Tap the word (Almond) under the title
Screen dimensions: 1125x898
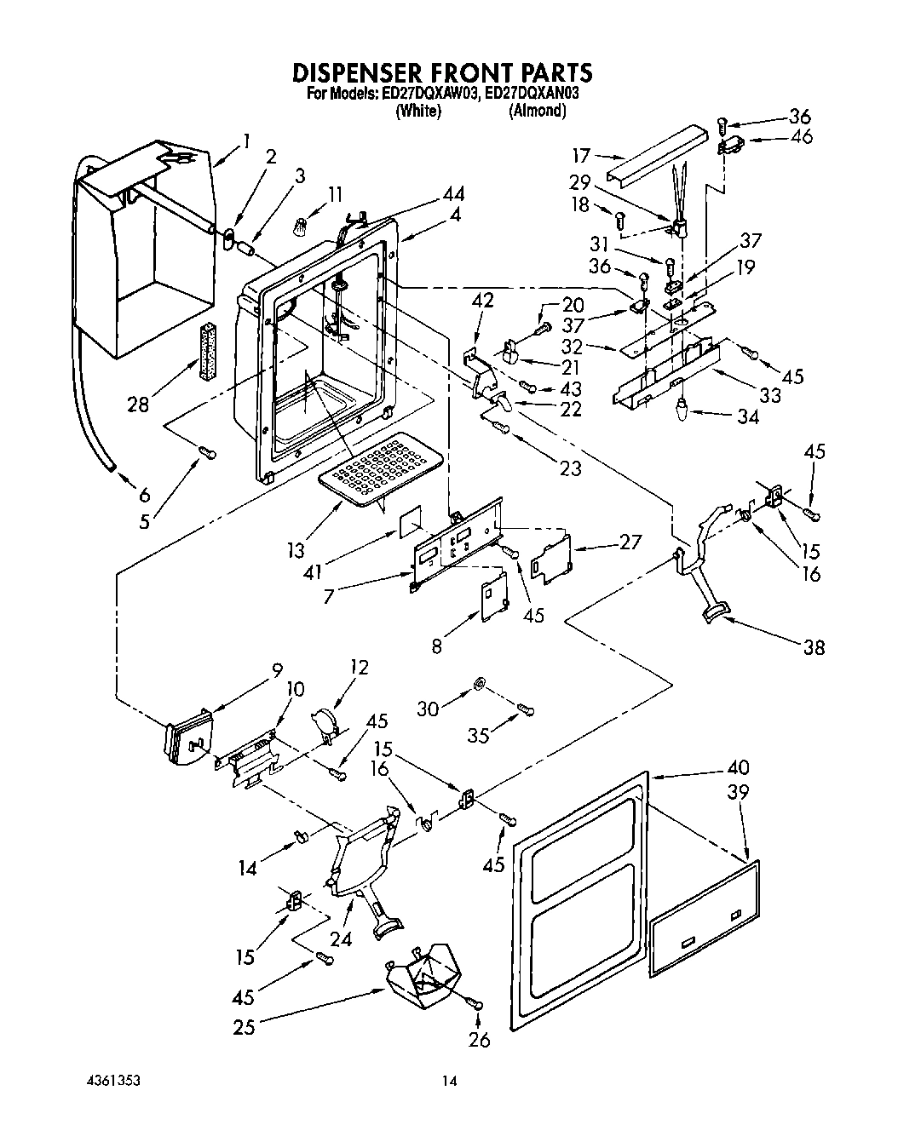pos(537,111)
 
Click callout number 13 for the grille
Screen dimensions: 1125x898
pos(296,551)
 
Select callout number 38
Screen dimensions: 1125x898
pos(814,647)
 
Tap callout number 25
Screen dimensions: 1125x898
pos(245,1026)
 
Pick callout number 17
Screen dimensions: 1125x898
pos(581,156)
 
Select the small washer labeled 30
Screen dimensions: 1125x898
pos(480,684)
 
